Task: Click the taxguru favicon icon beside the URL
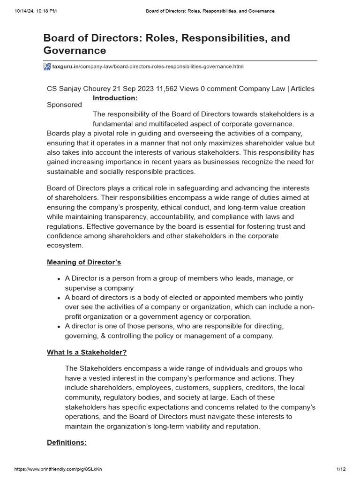click(x=47, y=67)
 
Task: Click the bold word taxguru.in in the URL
click(x=65, y=67)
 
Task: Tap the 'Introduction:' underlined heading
click(x=115, y=98)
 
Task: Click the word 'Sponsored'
click(x=64, y=105)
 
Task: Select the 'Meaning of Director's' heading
click(x=84, y=262)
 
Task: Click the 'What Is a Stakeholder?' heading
click(x=87, y=352)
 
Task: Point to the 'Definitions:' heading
click(x=67, y=442)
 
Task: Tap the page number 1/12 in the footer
click(x=340, y=469)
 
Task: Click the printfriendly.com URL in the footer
click(x=59, y=469)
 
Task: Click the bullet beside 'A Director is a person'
click(x=59, y=279)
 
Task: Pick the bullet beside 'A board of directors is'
click(x=59, y=298)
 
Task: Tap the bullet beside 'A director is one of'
click(x=59, y=326)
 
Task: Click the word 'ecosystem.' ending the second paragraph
click(x=65, y=245)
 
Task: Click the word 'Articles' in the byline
click(x=303, y=89)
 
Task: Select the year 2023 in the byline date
click(x=142, y=89)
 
